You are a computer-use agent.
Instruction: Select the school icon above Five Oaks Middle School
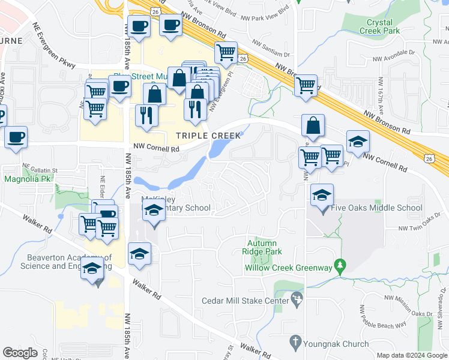tap(322, 195)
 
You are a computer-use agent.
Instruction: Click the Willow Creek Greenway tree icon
tap(340, 264)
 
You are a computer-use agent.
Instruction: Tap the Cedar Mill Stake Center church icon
tap(296, 298)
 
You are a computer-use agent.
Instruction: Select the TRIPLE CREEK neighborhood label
tap(208, 136)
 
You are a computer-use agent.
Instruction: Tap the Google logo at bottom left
tap(20, 353)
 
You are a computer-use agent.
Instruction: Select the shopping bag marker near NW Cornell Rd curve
tap(313, 125)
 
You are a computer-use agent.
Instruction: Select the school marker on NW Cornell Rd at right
tap(358, 142)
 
